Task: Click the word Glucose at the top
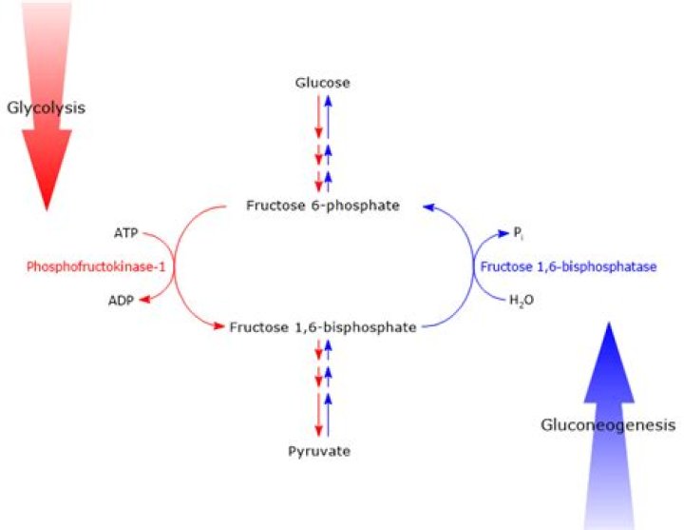[x=322, y=83]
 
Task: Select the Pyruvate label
[x=319, y=450]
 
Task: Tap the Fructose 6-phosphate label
[x=322, y=205]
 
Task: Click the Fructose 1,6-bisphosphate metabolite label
[x=323, y=326]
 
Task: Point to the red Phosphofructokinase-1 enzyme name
[x=96, y=267]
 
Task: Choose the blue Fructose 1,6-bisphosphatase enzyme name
[x=568, y=267]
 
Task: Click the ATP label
[x=125, y=232]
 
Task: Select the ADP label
[x=121, y=302]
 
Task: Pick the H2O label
[x=521, y=302]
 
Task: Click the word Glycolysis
[x=46, y=108]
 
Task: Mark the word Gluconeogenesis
[x=608, y=424]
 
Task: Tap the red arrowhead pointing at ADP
[x=143, y=301]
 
